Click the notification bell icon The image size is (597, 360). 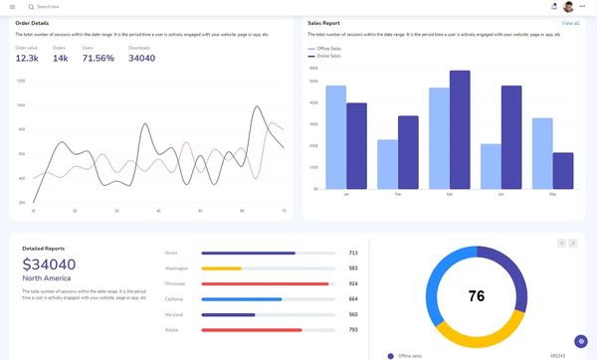point(553,7)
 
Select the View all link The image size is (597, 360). point(570,22)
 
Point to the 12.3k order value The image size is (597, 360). point(27,59)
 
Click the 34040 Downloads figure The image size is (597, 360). point(141,59)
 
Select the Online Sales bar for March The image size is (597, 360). point(460,129)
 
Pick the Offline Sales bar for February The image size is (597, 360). point(387,164)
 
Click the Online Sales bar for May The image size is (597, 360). point(563,170)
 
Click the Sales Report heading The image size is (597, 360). point(323,22)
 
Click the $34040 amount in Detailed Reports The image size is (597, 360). point(49,265)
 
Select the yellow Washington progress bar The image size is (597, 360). point(222,269)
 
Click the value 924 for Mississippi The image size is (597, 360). point(353,283)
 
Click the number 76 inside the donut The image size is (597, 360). point(476,296)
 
